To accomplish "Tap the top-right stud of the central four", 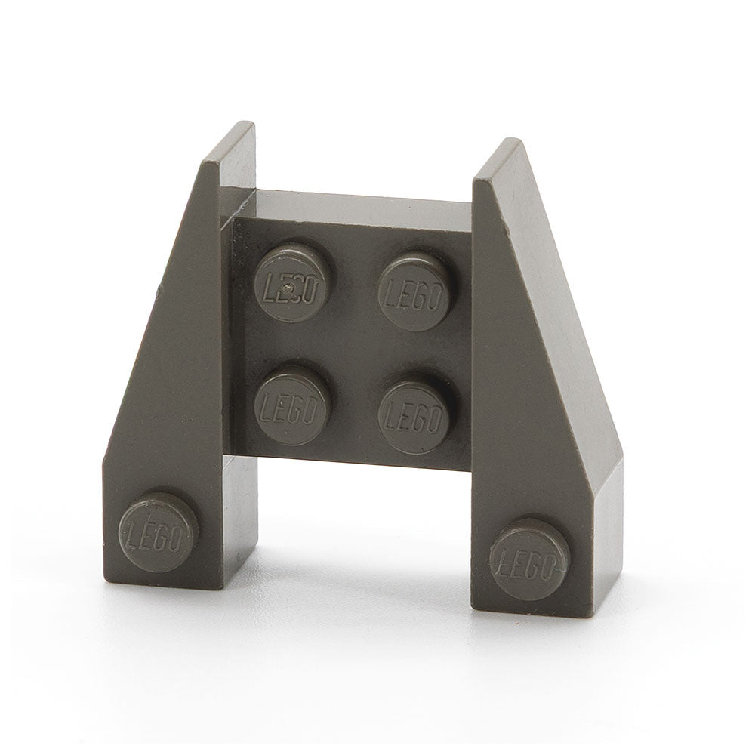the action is (x=414, y=291).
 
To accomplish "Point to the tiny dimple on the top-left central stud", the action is (x=288, y=287).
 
